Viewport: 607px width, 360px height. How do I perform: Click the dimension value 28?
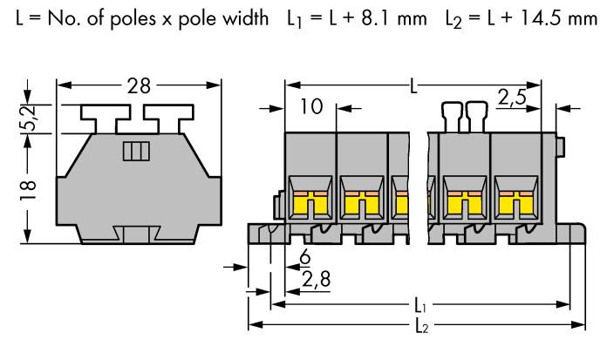pos(139,85)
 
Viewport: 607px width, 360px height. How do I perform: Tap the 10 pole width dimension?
pos(310,107)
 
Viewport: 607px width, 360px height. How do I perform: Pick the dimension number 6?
pos(304,259)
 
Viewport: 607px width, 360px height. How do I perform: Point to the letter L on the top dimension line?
pos(413,86)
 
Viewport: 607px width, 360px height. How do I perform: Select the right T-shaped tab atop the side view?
pos(168,115)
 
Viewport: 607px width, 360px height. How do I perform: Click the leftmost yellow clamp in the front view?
pos(310,205)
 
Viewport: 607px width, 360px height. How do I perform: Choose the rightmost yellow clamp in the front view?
pos(515,205)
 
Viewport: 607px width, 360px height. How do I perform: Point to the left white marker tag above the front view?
pos(452,115)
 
